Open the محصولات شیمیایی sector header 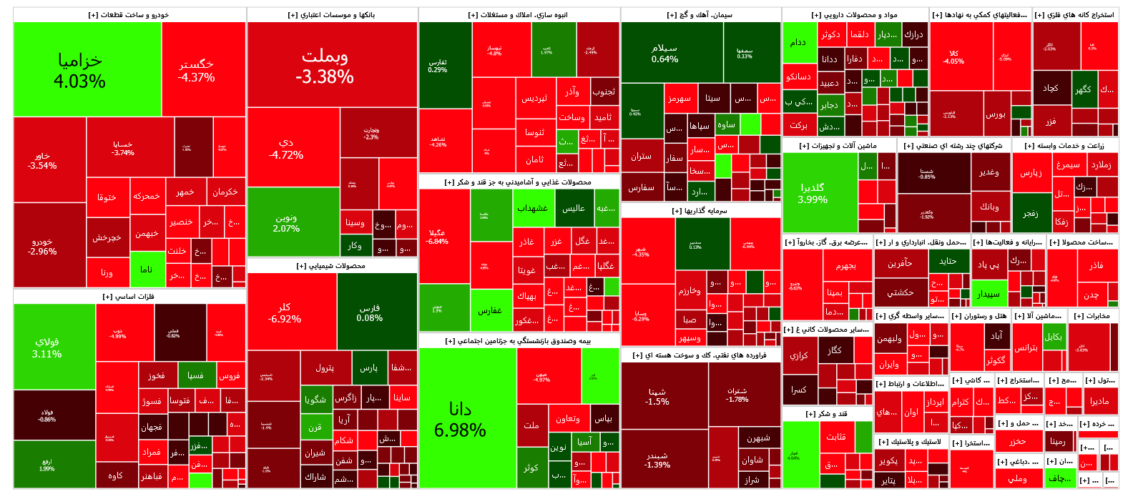point(332,266)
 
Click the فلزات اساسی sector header point(129,296)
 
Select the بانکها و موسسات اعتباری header point(332,15)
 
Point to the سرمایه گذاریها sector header point(700,211)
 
